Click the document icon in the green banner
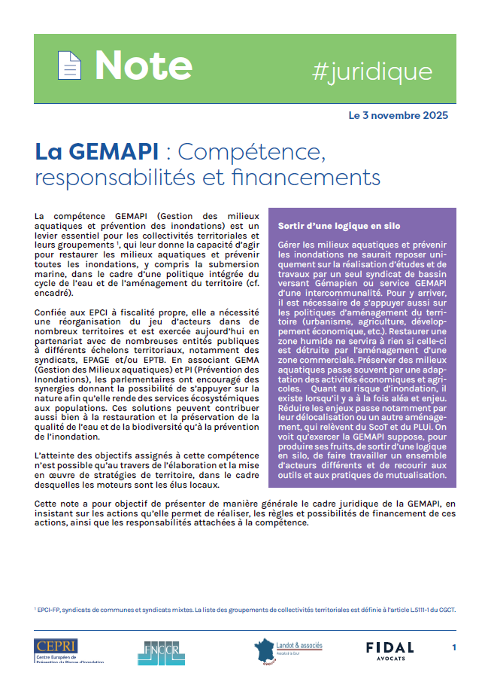pos(69,66)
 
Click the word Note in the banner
pos(143,66)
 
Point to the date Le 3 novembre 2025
pos(399,115)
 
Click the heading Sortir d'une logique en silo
pos(338,226)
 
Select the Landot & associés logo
pos(290,649)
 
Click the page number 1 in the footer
pos(453,647)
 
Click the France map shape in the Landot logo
pos(265,648)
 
